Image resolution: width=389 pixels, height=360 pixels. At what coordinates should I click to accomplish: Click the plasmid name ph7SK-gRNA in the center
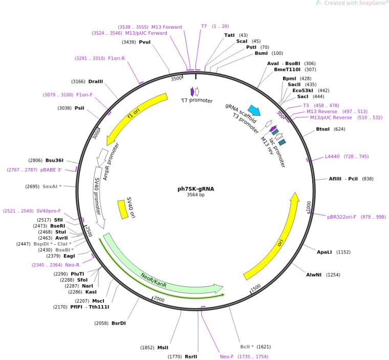click(x=196, y=188)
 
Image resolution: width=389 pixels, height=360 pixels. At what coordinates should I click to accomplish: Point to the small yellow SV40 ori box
click(x=122, y=208)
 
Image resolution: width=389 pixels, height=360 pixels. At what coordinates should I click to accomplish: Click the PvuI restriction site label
click(x=145, y=42)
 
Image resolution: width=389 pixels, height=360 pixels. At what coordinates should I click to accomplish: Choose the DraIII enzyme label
click(x=96, y=81)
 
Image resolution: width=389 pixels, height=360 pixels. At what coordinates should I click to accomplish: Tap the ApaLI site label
click(x=325, y=252)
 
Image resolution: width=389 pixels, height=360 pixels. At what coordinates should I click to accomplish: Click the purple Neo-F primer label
click(x=229, y=356)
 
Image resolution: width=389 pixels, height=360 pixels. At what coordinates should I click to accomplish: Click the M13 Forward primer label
click(x=166, y=27)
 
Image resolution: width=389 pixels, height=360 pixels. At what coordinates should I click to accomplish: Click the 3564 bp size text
click(x=196, y=195)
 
